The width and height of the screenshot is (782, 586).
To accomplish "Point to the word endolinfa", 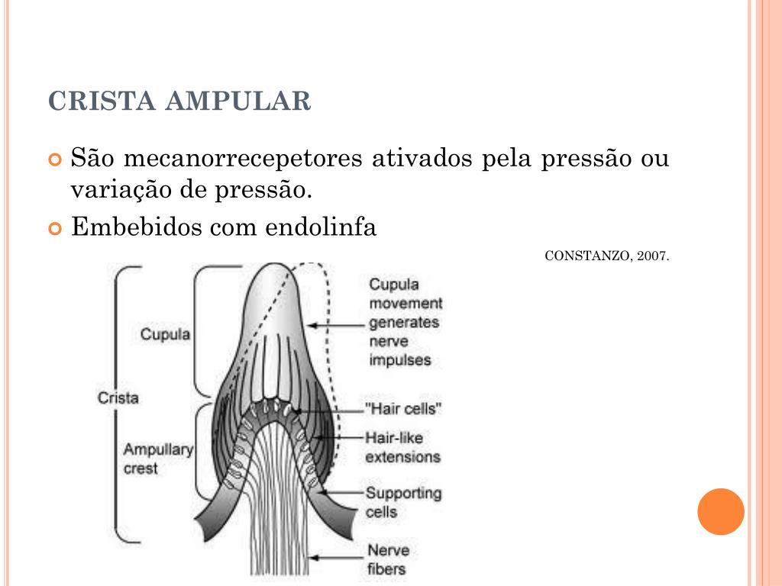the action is click(x=321, y=227).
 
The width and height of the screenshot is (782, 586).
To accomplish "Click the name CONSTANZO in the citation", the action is click(x=586, y=256).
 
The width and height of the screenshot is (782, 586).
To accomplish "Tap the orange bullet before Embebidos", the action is click(x=54, y=229).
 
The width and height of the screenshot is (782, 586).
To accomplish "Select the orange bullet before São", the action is click(x=54, y=161).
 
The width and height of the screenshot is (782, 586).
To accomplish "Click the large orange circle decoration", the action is click(x=720, y=511).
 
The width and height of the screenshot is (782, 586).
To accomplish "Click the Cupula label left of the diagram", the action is click(x=165, y=334).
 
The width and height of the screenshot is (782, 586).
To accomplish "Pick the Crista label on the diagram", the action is click(x=118, y=398).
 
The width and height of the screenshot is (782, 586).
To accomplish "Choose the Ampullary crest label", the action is click(x=158, y=459).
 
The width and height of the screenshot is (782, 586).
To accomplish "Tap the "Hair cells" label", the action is click(x=404, y=408).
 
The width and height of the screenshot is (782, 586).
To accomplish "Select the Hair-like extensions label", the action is click(x=402, y=447).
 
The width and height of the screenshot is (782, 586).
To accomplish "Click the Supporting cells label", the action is click(x=403, y=502).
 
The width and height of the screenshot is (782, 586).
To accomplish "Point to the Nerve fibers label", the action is click(x=388, y=559).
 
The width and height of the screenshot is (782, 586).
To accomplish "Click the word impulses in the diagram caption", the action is click(x=400, y=359).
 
